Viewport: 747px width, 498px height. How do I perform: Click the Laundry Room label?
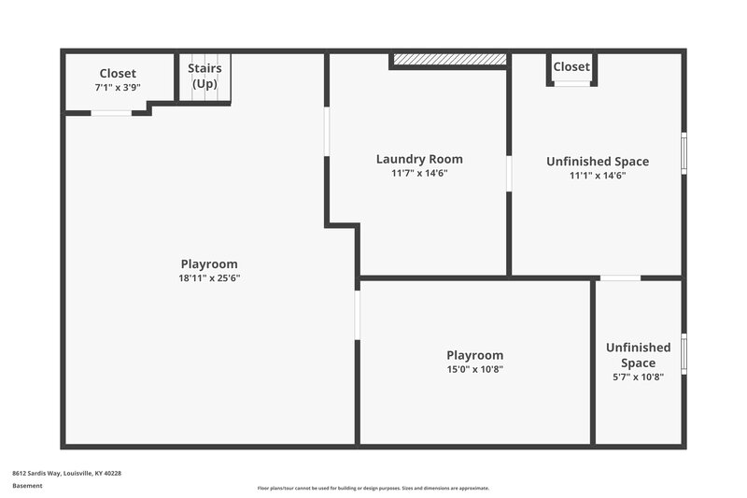point(419,159)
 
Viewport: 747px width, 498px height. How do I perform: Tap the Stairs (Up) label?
point(204,76)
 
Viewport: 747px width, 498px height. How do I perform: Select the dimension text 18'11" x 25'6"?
point(209,277)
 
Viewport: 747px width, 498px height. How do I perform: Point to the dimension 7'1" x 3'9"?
point(118,87)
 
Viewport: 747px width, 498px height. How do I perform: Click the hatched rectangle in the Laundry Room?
point(449,60)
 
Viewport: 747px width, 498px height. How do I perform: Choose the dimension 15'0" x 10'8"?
point(474,369)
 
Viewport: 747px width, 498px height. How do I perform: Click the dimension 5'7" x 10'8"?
point(638,377)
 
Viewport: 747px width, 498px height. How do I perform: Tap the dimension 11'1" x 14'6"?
point(598,175)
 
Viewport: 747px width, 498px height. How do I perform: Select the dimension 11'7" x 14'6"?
point(419,173)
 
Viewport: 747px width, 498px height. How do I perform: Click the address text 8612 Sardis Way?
point(66,473)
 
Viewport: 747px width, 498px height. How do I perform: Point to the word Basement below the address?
point(27,486)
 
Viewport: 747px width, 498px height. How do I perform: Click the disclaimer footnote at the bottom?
point(373,488)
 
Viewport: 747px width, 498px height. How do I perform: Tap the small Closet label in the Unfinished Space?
point(571,66)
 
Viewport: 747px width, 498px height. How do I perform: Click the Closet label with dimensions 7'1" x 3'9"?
point(118,73)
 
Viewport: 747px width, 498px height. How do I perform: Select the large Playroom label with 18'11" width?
point(209,263)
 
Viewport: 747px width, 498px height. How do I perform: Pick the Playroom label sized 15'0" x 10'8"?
point(474,355)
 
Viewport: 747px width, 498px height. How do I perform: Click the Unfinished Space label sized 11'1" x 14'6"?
point(598,161)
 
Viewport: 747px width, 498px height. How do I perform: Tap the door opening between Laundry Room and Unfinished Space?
point(509,174)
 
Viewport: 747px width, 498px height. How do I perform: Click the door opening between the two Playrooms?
point(357,316)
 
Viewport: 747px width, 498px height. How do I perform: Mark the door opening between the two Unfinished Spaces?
point(620,277)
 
